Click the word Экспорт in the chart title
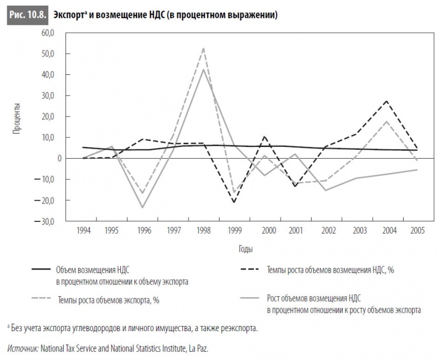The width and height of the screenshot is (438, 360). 68,15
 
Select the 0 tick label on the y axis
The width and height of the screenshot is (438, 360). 55,158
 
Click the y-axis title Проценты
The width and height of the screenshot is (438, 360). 17,119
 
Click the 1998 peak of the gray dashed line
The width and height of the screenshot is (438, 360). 203,48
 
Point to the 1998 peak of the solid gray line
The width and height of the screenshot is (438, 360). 203,69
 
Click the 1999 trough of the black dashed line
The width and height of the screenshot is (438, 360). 234,202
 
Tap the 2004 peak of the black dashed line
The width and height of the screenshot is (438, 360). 386,101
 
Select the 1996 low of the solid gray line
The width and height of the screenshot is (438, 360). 143,207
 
